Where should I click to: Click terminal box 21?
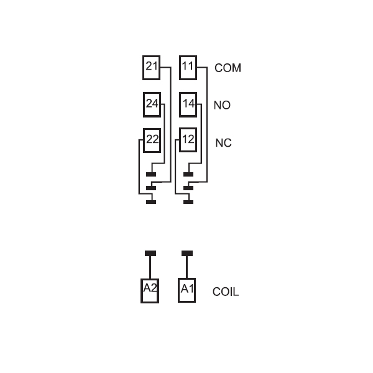point(151,68)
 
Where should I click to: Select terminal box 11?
point(188,68)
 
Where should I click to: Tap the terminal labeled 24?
point(152,104)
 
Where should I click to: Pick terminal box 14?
point(188,104)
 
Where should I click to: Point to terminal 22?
point(152,140)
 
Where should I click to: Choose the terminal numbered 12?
point(188,140)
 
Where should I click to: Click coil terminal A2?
point(150,291)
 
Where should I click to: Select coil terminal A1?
point(187,290)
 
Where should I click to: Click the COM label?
point(228,68)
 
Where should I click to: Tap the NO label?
point(222,105)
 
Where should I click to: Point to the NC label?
point(223,143)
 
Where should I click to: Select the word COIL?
point(226,292)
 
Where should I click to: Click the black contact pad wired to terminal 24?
point(151,174)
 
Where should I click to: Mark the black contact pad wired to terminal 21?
point(151,188)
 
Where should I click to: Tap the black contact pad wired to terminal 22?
point(151,202)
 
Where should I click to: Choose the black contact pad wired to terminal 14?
point(188,174)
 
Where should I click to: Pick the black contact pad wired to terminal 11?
point(188,188)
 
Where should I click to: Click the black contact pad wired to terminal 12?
point(188,202)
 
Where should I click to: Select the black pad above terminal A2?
point(150,254)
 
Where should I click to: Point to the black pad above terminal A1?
point(187,254)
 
